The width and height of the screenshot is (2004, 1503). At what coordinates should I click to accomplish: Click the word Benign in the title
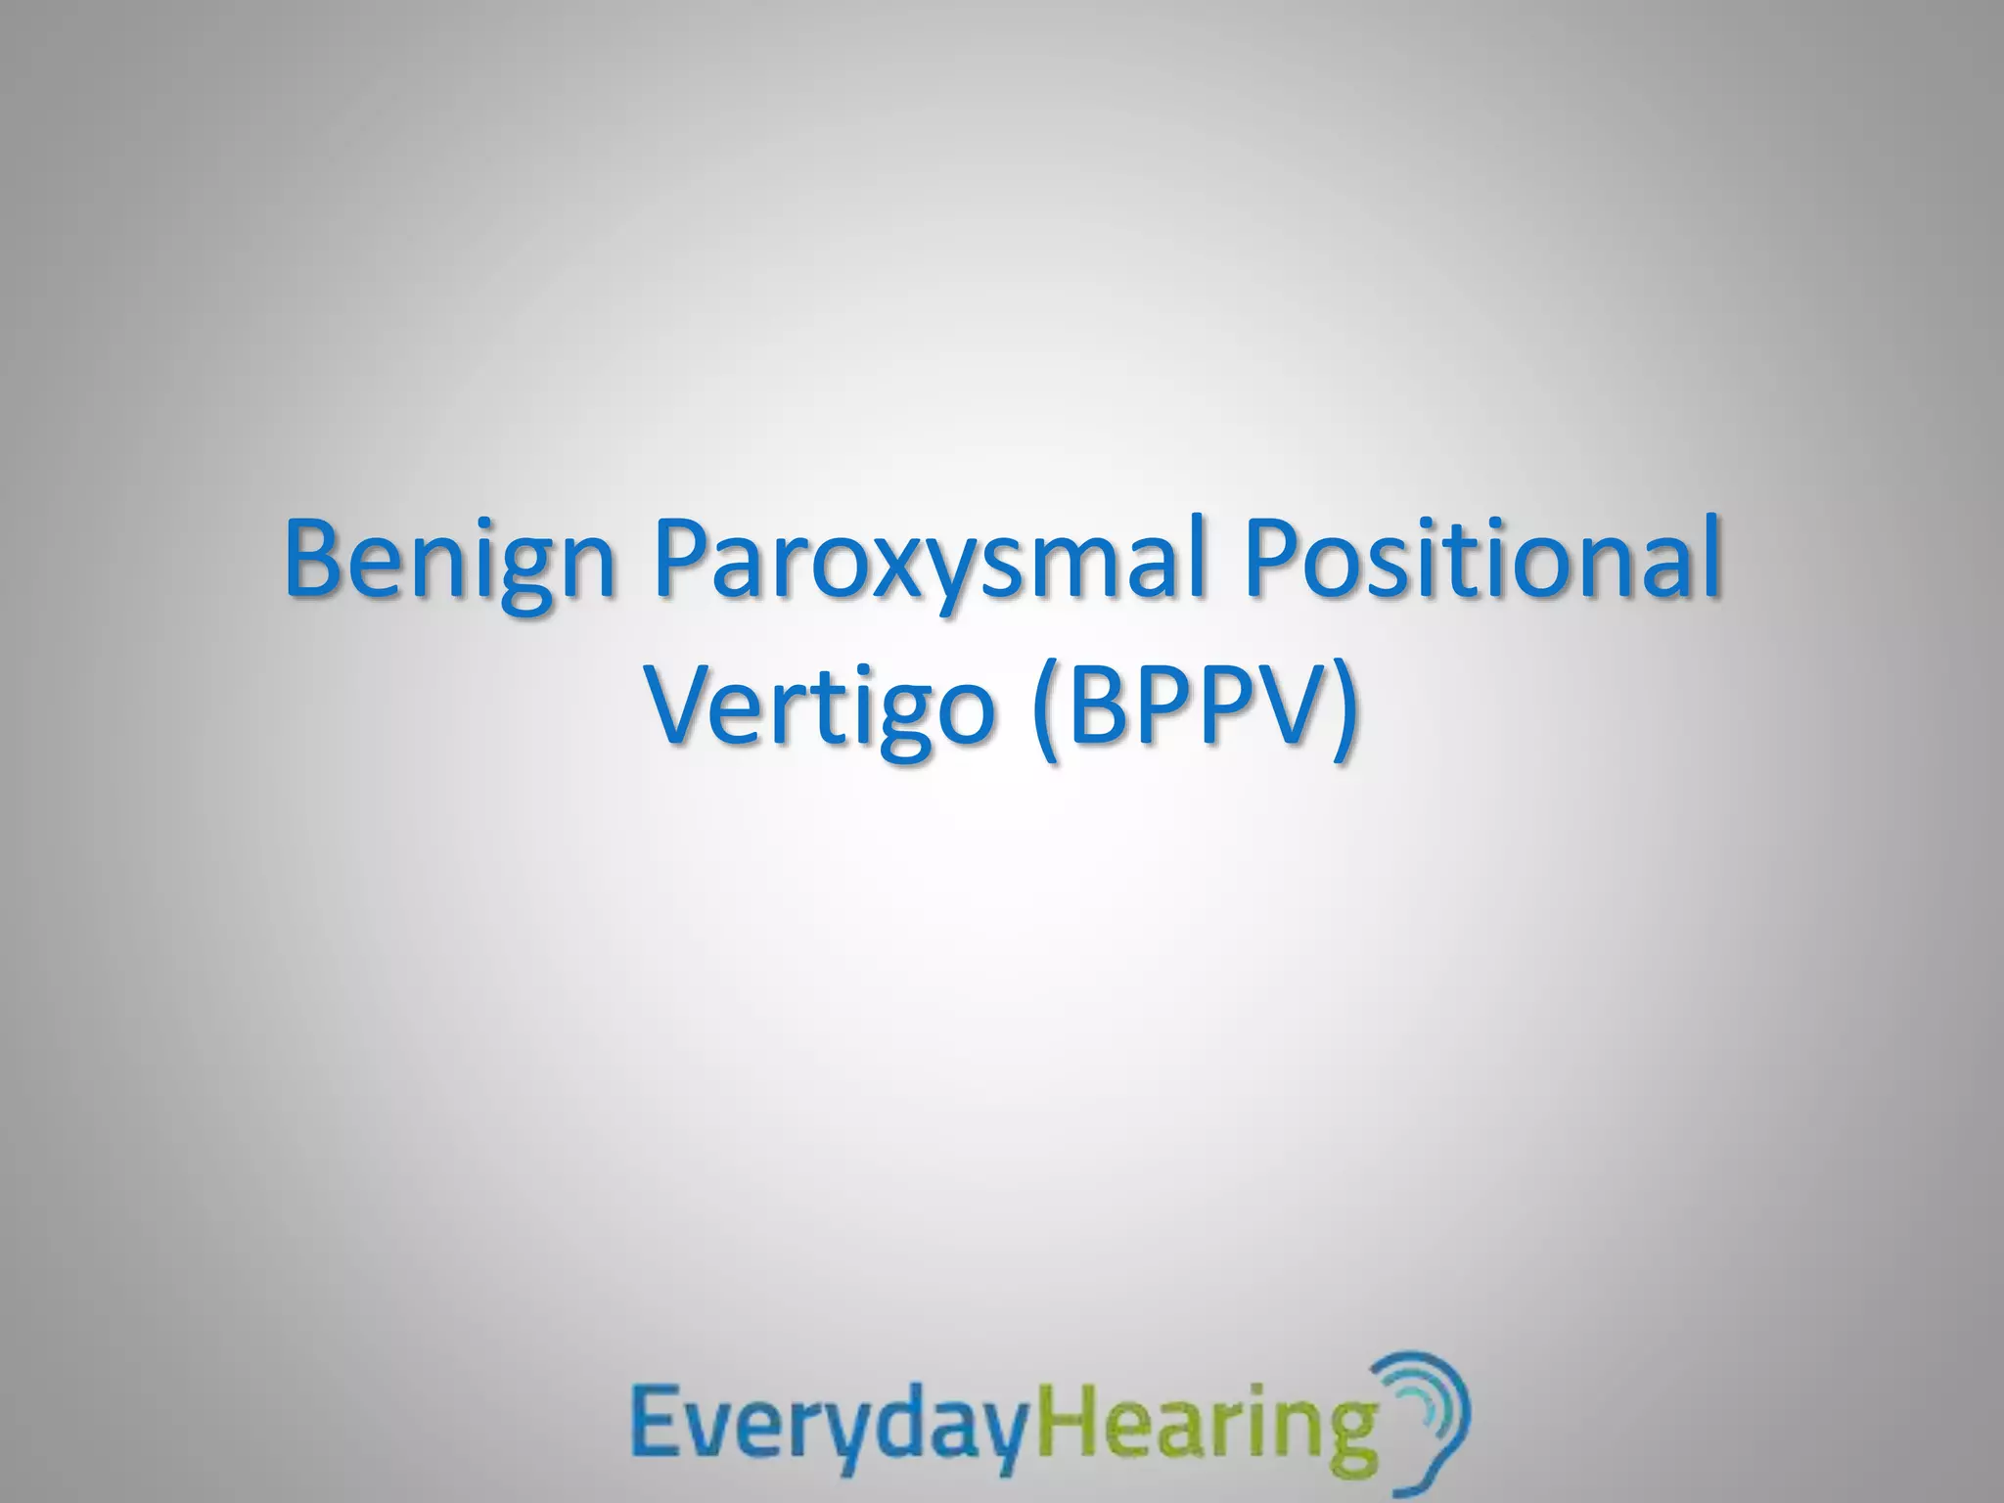[x=449, y=562]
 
